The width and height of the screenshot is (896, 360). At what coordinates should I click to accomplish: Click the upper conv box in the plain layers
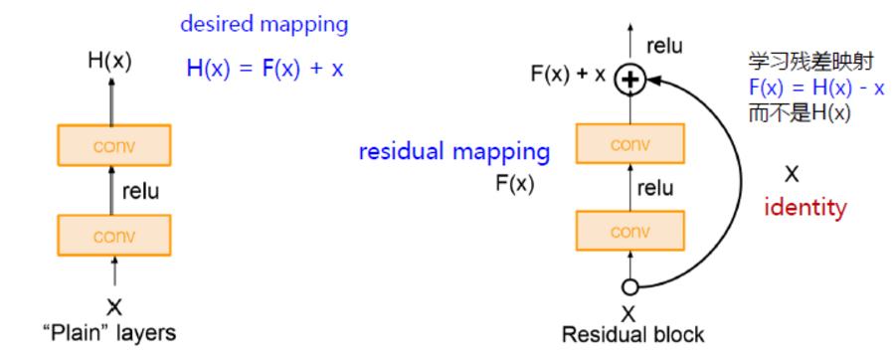(114, 145)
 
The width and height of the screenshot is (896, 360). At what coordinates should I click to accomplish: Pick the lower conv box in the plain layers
(114, 236)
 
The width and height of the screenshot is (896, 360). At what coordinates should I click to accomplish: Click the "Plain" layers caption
(115, 332)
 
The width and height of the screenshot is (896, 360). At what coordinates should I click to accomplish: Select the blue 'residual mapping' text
(454, 152)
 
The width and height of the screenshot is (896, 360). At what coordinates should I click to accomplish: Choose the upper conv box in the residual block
(629, 143)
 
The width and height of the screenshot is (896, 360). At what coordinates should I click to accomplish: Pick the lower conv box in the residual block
(629, 231)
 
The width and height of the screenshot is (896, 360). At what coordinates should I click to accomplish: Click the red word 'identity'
(806, 209)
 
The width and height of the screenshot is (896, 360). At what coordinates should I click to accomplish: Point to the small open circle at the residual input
(628, 287)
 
